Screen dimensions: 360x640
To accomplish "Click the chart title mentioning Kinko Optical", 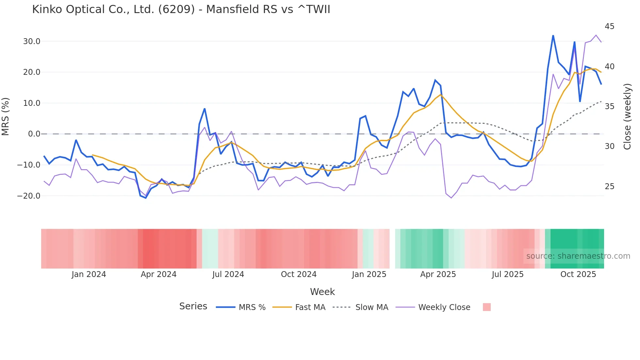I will tap(181, 9).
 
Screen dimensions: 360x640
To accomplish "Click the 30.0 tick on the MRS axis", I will tap(32, 41).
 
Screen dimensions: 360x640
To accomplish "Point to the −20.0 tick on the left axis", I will tap(29, 196).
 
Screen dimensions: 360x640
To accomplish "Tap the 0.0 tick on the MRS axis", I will tap(34, 134).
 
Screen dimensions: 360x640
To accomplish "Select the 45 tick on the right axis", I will tap(609, 26).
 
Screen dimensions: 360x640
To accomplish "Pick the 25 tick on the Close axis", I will tap(609, 187).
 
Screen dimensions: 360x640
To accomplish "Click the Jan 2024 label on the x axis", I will tap(89, 274).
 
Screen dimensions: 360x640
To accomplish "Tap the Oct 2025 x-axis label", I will tap(578, 274).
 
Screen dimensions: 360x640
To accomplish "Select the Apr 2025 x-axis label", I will tap(438, 274).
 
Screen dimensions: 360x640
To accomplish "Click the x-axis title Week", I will tap(322, 292).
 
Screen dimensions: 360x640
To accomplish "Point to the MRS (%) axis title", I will tap(6, 116).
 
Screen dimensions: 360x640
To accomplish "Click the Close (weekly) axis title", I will tap(627, 117).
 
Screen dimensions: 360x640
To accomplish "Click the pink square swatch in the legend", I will tap(487, 307).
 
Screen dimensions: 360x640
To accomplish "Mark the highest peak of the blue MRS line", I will tap(553, 35).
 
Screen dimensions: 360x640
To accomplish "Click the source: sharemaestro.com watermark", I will tap(578, 256).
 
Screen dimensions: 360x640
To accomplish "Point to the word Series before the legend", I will tap(193, 306).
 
